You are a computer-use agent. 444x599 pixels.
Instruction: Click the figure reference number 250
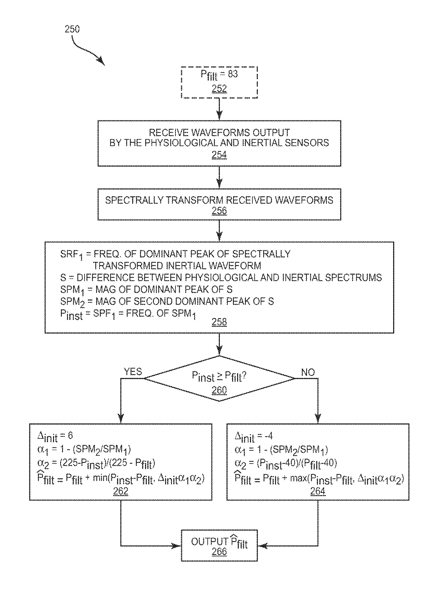point(72,29)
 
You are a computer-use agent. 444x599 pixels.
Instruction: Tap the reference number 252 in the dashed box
point(219,88)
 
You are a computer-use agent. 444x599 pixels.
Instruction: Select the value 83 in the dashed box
point(233,74)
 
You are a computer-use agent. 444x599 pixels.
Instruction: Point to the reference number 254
point(219,155)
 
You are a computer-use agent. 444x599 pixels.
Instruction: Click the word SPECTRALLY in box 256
point(134,200)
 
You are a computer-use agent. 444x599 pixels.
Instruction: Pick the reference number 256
point(219,211)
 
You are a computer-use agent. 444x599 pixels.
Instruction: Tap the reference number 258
point(219,322)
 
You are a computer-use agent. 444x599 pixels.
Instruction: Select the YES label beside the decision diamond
point(133,372)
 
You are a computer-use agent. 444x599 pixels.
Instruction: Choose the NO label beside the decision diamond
point(308,373)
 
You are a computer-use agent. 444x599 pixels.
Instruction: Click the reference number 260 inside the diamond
point(219,390)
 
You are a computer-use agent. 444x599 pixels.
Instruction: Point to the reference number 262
point(121,491)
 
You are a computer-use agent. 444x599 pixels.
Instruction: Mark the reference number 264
point(318,491)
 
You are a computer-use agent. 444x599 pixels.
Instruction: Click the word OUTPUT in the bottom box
point(210,541)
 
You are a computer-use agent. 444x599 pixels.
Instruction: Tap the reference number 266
point(219,551)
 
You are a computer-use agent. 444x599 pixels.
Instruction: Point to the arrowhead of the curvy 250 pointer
point(102,62)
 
